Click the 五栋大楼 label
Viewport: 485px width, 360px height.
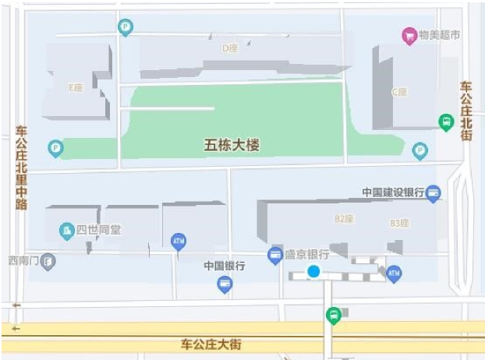coord(231,145)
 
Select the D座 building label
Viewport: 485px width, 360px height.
coord(229,48)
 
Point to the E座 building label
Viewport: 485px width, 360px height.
coord(76,87)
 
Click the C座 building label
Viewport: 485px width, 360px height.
coord(398,91)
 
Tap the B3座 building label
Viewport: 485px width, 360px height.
coord(398,223)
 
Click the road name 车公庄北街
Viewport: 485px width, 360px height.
coord(466,111)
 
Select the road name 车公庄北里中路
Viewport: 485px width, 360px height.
coord(21,168)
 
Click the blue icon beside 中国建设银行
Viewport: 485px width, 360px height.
coord(434,192)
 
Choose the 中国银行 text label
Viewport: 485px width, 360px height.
coord(225,266)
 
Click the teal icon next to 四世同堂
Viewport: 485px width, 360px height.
coord(67,230)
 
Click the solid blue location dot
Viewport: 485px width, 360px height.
coord(313,271)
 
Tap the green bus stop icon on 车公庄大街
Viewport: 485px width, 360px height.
coord(333,316)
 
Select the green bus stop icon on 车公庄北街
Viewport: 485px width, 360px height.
coord(445,122)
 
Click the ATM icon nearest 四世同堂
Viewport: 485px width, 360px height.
coord(179,241)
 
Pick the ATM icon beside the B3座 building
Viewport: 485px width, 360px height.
coord(394,274)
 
